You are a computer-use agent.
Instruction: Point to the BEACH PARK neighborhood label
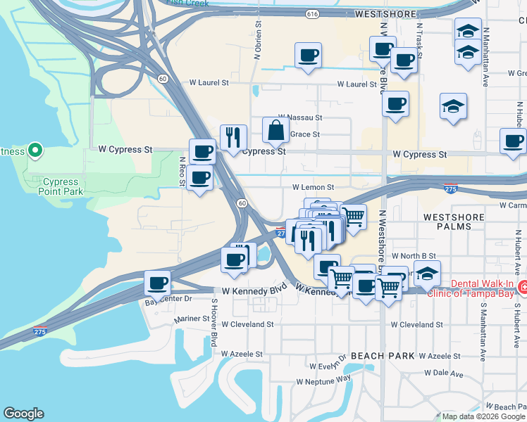(x=383, y=356)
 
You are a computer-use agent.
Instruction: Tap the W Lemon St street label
(x=313, y=188)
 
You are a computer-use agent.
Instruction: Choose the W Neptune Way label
(x=323, y=381)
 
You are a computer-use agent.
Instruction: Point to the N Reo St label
(x=182, y=171)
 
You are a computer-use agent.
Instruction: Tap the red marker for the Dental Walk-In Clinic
(x=523, y=287)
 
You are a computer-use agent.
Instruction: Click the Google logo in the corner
(x=23, y=414)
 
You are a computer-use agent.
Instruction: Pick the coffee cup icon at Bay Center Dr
(x=158, y=283)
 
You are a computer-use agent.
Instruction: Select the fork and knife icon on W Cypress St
(x=233, y=137)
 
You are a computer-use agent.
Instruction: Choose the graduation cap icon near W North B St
(x=427, y=273)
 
